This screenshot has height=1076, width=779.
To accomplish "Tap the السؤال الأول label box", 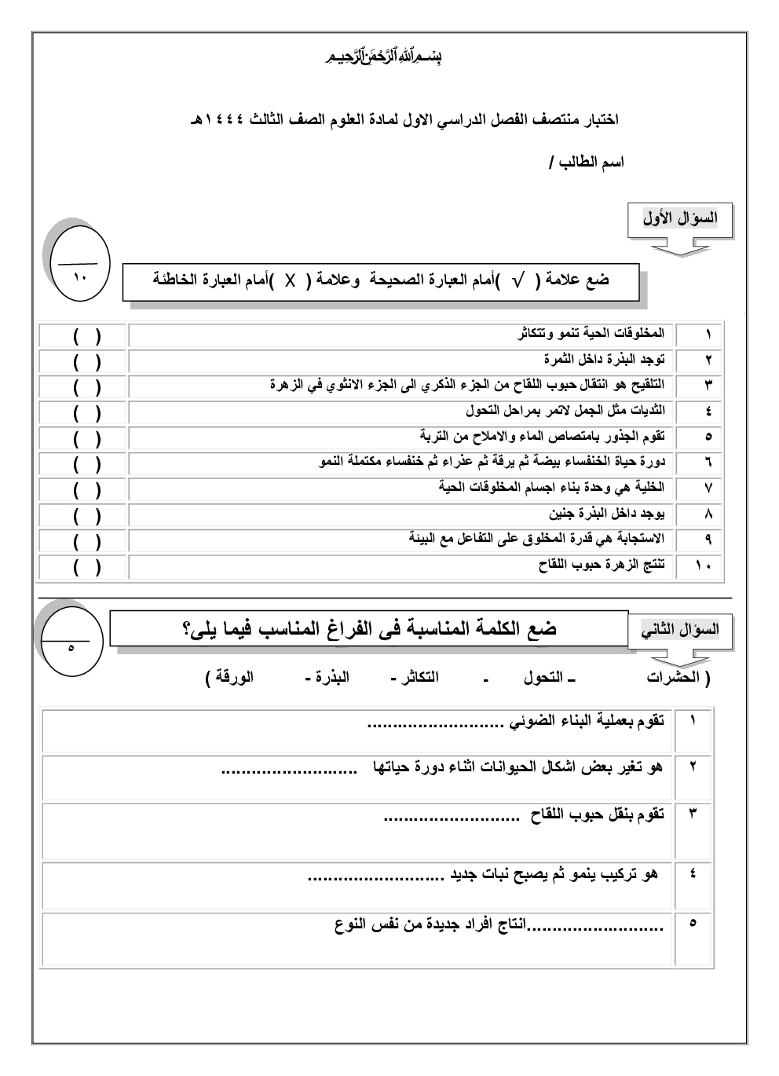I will (x=679, y=219).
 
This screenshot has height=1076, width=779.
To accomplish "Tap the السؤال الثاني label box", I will (x=679, y=630).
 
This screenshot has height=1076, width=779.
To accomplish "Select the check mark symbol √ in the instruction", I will (x=518, y=280).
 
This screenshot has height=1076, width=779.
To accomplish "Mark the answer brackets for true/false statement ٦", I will (x=86, y=463).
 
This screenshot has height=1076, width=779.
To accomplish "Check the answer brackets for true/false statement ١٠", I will (x=86, y=567).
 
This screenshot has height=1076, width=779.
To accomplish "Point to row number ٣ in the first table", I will (x=708, y=385).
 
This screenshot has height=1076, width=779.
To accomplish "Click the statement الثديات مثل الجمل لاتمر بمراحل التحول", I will (x=565, y=411).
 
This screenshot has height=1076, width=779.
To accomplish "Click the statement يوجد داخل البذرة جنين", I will (x=606, y=514).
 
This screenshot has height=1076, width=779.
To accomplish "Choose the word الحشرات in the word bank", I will (x=677, y=677).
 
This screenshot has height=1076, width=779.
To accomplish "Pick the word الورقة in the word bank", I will (x=232, y=677).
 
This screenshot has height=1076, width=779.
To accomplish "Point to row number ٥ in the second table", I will (x=692, y=924).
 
